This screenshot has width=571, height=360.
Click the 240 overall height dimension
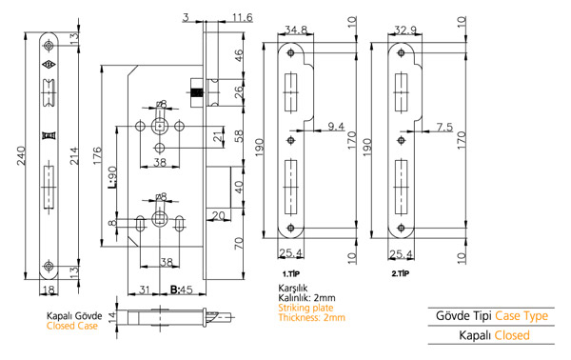point(21,156)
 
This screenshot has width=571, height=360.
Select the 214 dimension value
point(74,156)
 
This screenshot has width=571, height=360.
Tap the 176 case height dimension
point(97,155)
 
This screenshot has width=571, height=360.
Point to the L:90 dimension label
point(112,177)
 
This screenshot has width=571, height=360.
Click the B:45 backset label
point(182,290)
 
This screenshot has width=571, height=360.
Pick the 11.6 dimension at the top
point(242,17)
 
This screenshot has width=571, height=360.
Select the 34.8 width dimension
point(296,30)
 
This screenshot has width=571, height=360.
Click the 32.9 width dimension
point(405,30)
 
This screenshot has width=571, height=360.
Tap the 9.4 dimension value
point(336,127)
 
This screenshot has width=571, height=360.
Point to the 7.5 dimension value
point(444,127)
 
